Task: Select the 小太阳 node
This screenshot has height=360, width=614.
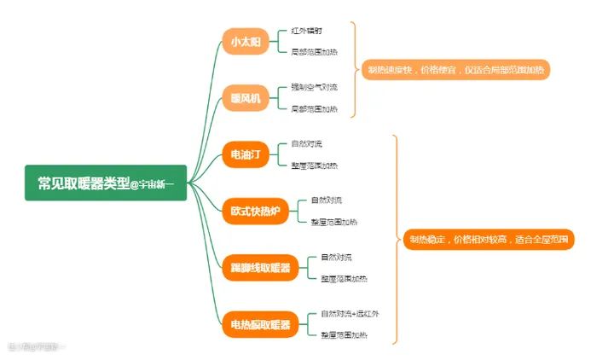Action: tap(234, 41)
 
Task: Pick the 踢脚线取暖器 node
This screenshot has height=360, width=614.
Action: tap(260, 268)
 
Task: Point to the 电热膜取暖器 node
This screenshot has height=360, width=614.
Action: tap(260, 324)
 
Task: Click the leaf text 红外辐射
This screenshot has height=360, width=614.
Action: tap(306, 31)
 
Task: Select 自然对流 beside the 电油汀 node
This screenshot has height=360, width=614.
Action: tap(306, 143)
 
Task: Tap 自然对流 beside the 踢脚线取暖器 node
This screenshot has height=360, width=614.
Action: tap(336, 257)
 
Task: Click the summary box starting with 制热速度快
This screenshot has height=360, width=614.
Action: tap(456, 69)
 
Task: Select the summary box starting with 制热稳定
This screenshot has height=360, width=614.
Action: tap(489, 240)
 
